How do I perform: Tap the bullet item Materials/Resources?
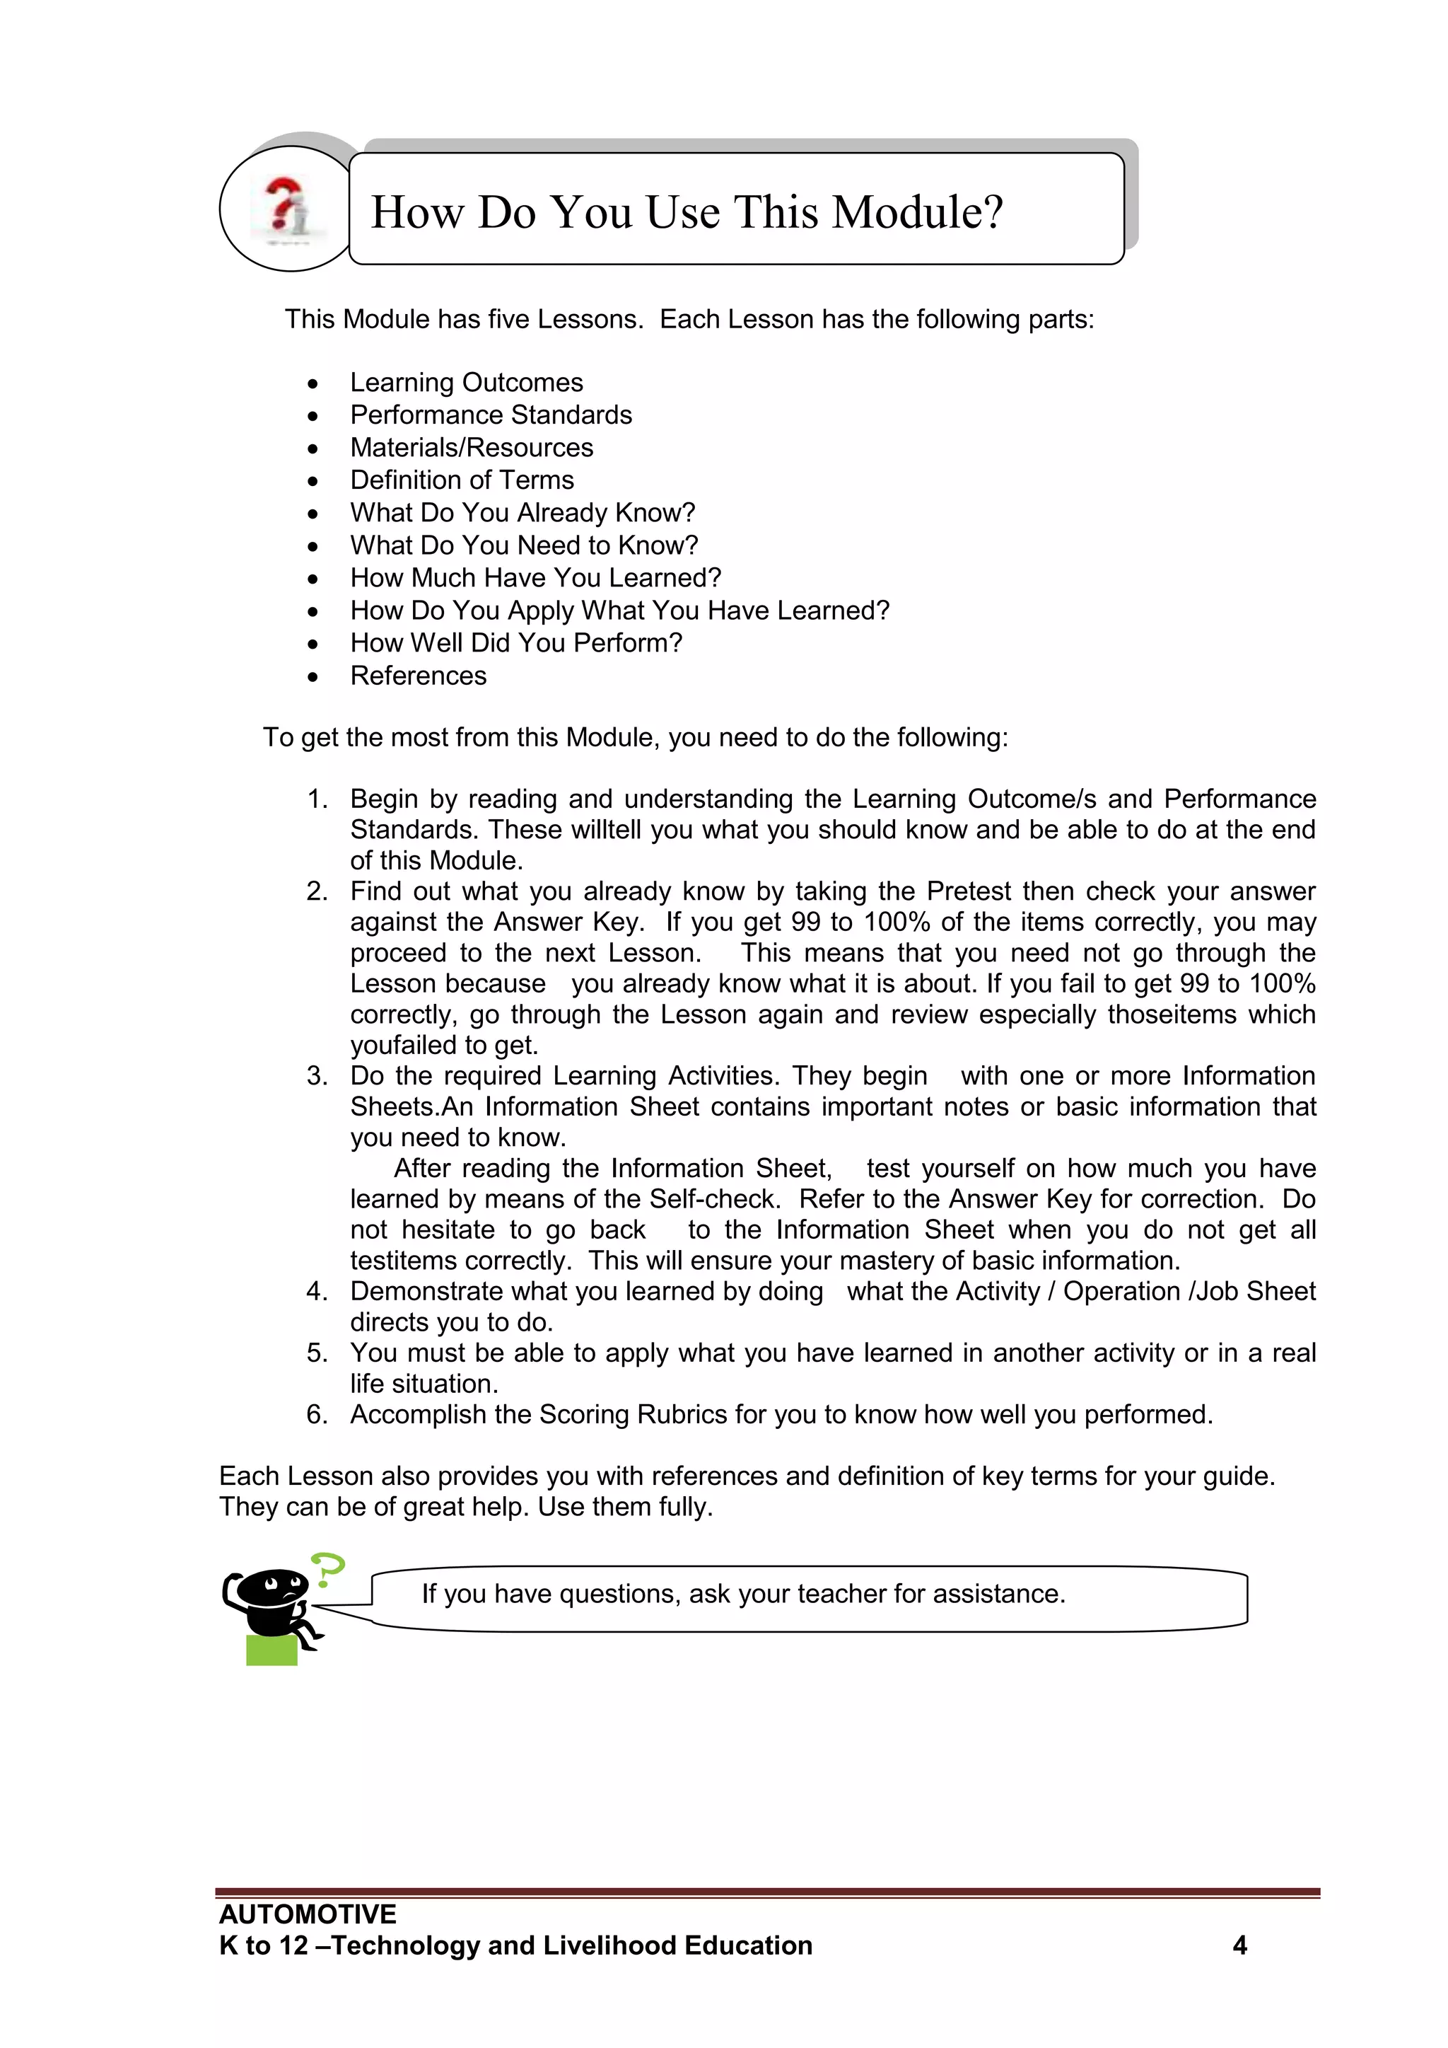point(471,448)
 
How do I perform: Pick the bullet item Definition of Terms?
point(461,480)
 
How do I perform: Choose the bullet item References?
point(417,676)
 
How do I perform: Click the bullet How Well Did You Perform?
point(515,643)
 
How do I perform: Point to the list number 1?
point(317,799)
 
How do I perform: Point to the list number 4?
point(317,1292)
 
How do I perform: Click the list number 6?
point(317,1415)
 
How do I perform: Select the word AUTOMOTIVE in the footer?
point(308,1914)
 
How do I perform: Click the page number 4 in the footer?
point(1239,1945)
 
